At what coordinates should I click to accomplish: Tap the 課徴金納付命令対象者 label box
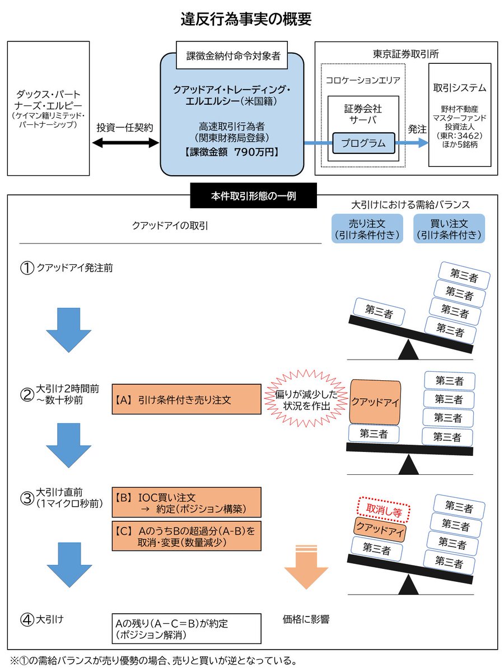pos(232,56)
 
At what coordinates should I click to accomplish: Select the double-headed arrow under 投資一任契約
pos(125,143)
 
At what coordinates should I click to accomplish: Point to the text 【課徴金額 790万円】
pos(232,152)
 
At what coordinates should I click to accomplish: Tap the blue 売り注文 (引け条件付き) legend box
pos(367,228)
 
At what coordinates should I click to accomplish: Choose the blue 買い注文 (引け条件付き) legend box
pos(449,228)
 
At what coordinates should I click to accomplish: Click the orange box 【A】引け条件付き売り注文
pos(186,399)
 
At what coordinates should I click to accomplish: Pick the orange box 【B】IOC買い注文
pos(186,502)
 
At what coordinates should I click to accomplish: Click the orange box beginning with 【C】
pos(186,536)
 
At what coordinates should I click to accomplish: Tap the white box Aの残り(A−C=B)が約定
pos(186,628)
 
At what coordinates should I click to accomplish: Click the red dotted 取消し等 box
pos(384,510)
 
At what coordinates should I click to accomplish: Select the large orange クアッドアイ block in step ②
pos(375,402)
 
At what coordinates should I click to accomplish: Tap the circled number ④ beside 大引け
pos(27,620)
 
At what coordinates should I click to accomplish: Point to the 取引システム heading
pos(459,88)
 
